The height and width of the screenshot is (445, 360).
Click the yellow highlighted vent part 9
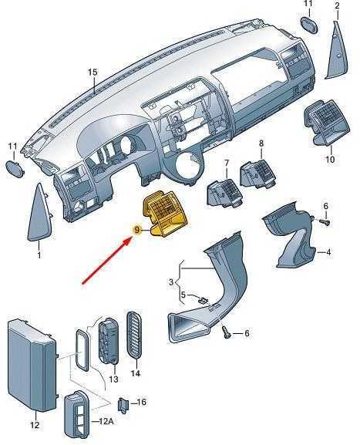click(x=165, y=213)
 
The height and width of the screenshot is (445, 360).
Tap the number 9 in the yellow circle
click(x=137, y=230)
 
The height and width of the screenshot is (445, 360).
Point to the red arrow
click(x=106, y=261)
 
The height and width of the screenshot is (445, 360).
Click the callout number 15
click(x=93, y=72)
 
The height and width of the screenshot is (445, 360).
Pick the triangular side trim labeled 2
click(x=338, y=51)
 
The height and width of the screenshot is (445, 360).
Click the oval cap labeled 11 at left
click(x=15, y=169)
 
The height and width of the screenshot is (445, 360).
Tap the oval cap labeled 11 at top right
click(x=309, y=25)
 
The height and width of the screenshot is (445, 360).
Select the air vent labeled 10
click(x=325, y=123)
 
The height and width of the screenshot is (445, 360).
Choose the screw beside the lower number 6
click(x=226, y=332)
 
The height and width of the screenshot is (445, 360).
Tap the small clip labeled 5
click(x=203, y=300)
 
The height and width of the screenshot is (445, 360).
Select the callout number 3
click(x=171, y=282)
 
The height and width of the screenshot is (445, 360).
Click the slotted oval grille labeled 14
click(x=135, y=336)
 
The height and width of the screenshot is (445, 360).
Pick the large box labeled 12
click(x=32, y=365)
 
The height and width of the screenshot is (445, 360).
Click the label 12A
click(x=106, y=421)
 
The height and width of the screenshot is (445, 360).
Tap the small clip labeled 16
click(x=123, y=405)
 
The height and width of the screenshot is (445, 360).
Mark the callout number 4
click(x=328, y=251)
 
